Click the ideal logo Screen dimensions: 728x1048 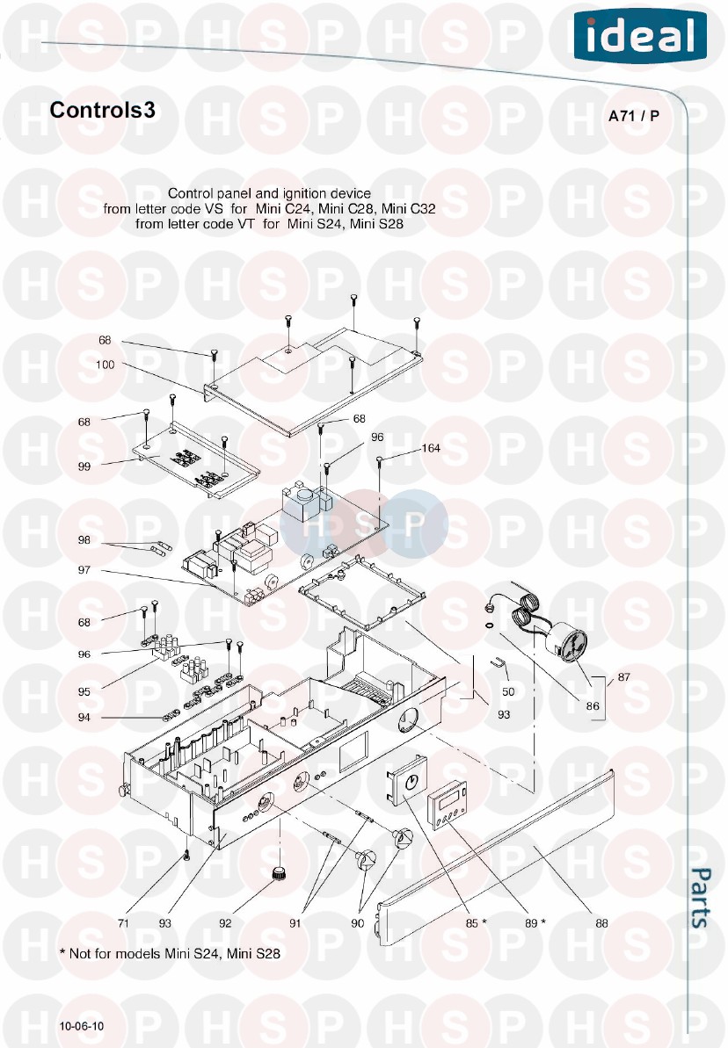tap(640, 36)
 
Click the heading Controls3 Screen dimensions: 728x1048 tap(102, 110)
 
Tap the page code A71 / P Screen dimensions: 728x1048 tap(634, 116)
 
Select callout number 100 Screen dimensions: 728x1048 tap(105, 365)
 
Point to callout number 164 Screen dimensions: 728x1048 tap(431, 448)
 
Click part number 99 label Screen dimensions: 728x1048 tap(84, 466)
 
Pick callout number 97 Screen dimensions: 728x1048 tap(84, 570)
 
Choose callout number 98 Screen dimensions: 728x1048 tap(84, 540)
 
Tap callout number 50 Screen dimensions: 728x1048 tap(508, 691)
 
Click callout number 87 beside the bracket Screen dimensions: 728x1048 tap(623, 677)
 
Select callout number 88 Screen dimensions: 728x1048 tap(601, 923)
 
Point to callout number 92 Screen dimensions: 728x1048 tap(225, 923)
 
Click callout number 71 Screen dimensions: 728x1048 tap(123, 923)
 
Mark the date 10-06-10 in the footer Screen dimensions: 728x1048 tap(82, 1026)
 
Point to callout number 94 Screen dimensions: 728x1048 tap(84, 717)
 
